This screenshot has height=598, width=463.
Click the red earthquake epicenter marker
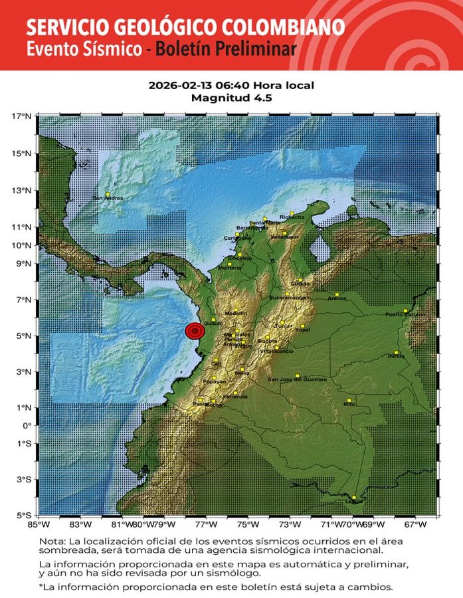coord(194,331)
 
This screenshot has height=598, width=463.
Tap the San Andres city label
coord(107,198)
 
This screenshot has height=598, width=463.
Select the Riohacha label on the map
coord(292,217)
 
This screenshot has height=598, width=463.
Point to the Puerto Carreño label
coord(405,314)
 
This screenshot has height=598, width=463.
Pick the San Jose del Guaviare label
coord(298,379)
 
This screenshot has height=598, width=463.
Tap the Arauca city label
coord(337,298)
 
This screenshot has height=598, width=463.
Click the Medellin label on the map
coord(236,313)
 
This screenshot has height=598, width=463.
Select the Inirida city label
coord(397,356)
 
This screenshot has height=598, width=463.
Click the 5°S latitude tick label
coord(24,515)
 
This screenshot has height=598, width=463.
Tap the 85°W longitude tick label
coord(38,525)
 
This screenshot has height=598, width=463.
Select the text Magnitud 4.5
coord(232,98)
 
